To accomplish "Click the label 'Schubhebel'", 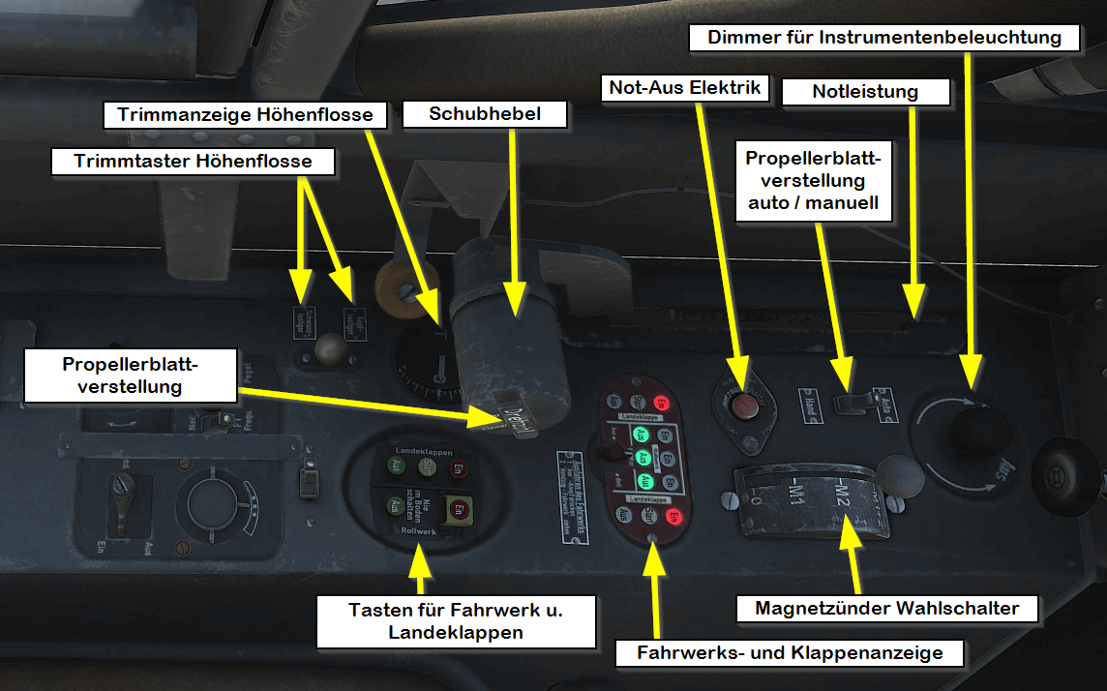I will (485, 114).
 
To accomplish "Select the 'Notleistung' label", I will (865, 92).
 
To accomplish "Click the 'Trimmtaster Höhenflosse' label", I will (194, 161).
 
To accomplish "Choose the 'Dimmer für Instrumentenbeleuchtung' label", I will (884, 38).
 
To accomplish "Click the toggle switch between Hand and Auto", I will (850, 402).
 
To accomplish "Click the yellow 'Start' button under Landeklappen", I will (427, 467).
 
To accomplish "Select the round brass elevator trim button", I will (332, 345).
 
